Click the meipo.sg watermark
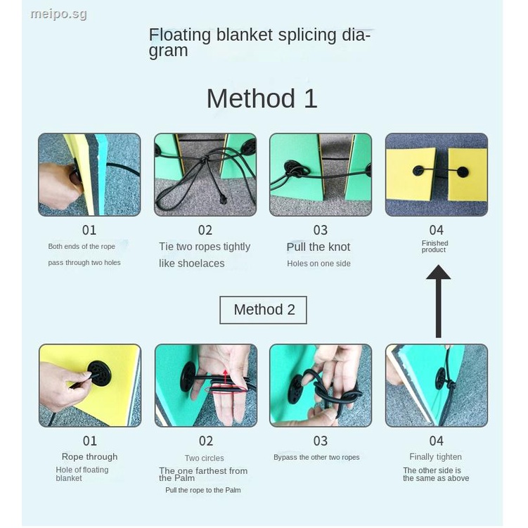[58, 14]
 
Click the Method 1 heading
[262, 98]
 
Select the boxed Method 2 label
[264, 310]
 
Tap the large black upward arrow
[438, 301]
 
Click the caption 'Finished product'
[434, 247]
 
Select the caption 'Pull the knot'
[318, 247]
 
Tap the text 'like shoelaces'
[192, 264]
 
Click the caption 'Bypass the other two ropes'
[316, 457]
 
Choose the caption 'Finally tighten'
[435, 457]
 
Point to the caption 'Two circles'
[204, 458]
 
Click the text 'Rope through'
[89, 457]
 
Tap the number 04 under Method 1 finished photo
[437, 231]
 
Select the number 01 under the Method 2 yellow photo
[90, 441]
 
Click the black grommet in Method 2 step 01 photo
[99, 373]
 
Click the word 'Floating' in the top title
[180, 35]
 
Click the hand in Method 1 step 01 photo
[60, 186]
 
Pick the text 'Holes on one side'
[318, 264]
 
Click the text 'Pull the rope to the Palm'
[203, 490]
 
